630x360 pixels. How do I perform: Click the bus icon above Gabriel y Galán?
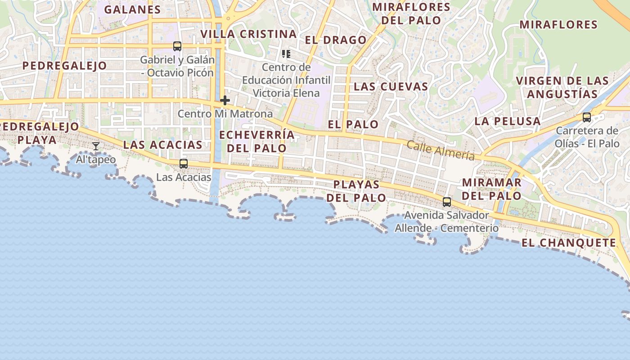(177, 46)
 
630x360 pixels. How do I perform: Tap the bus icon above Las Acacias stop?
(183, 164)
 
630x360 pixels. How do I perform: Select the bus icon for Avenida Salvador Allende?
(446, 202)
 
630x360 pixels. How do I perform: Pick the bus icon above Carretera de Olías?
(586, 117)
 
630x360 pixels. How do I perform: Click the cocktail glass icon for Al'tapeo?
(96, 146)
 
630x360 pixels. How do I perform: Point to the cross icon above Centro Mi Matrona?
(225, 100)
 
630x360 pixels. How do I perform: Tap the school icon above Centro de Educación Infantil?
(286, 54)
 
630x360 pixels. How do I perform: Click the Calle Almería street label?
(441, 150)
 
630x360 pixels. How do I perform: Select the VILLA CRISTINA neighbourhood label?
(248, 34)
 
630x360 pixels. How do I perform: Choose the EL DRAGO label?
(336, 40)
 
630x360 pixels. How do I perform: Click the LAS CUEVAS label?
(391, 86)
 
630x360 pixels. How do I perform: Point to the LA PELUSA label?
(508, 121)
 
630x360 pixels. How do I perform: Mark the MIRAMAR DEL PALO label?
(491, 189)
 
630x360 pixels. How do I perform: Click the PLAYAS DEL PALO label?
(356, 191)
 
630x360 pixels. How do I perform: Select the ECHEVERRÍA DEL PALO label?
(257, 141)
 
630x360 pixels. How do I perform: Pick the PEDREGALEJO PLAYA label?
(40, 133)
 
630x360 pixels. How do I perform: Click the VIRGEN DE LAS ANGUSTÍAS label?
(562, 87)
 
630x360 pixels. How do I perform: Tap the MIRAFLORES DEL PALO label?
(411, 13)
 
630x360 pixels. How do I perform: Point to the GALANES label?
(132, 9)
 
